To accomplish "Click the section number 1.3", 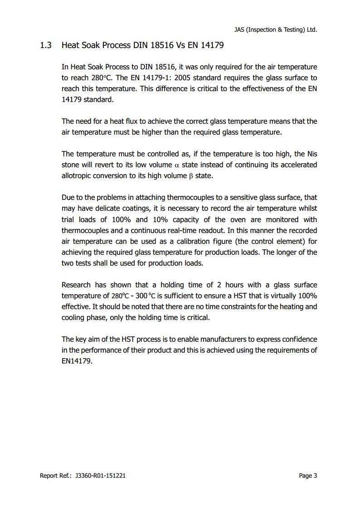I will click(x=45, y=45).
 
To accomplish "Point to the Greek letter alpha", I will click(x=177, y=165).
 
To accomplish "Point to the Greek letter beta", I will click(x=190, y=176).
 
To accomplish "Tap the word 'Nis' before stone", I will click(x=312, y=154).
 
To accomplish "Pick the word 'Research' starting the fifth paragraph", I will click(x=76, y=285).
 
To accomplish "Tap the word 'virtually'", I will click(x=278, y=296).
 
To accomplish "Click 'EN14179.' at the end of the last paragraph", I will click(x=77, y=361).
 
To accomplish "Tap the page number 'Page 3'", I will click(x=308, y=475).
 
